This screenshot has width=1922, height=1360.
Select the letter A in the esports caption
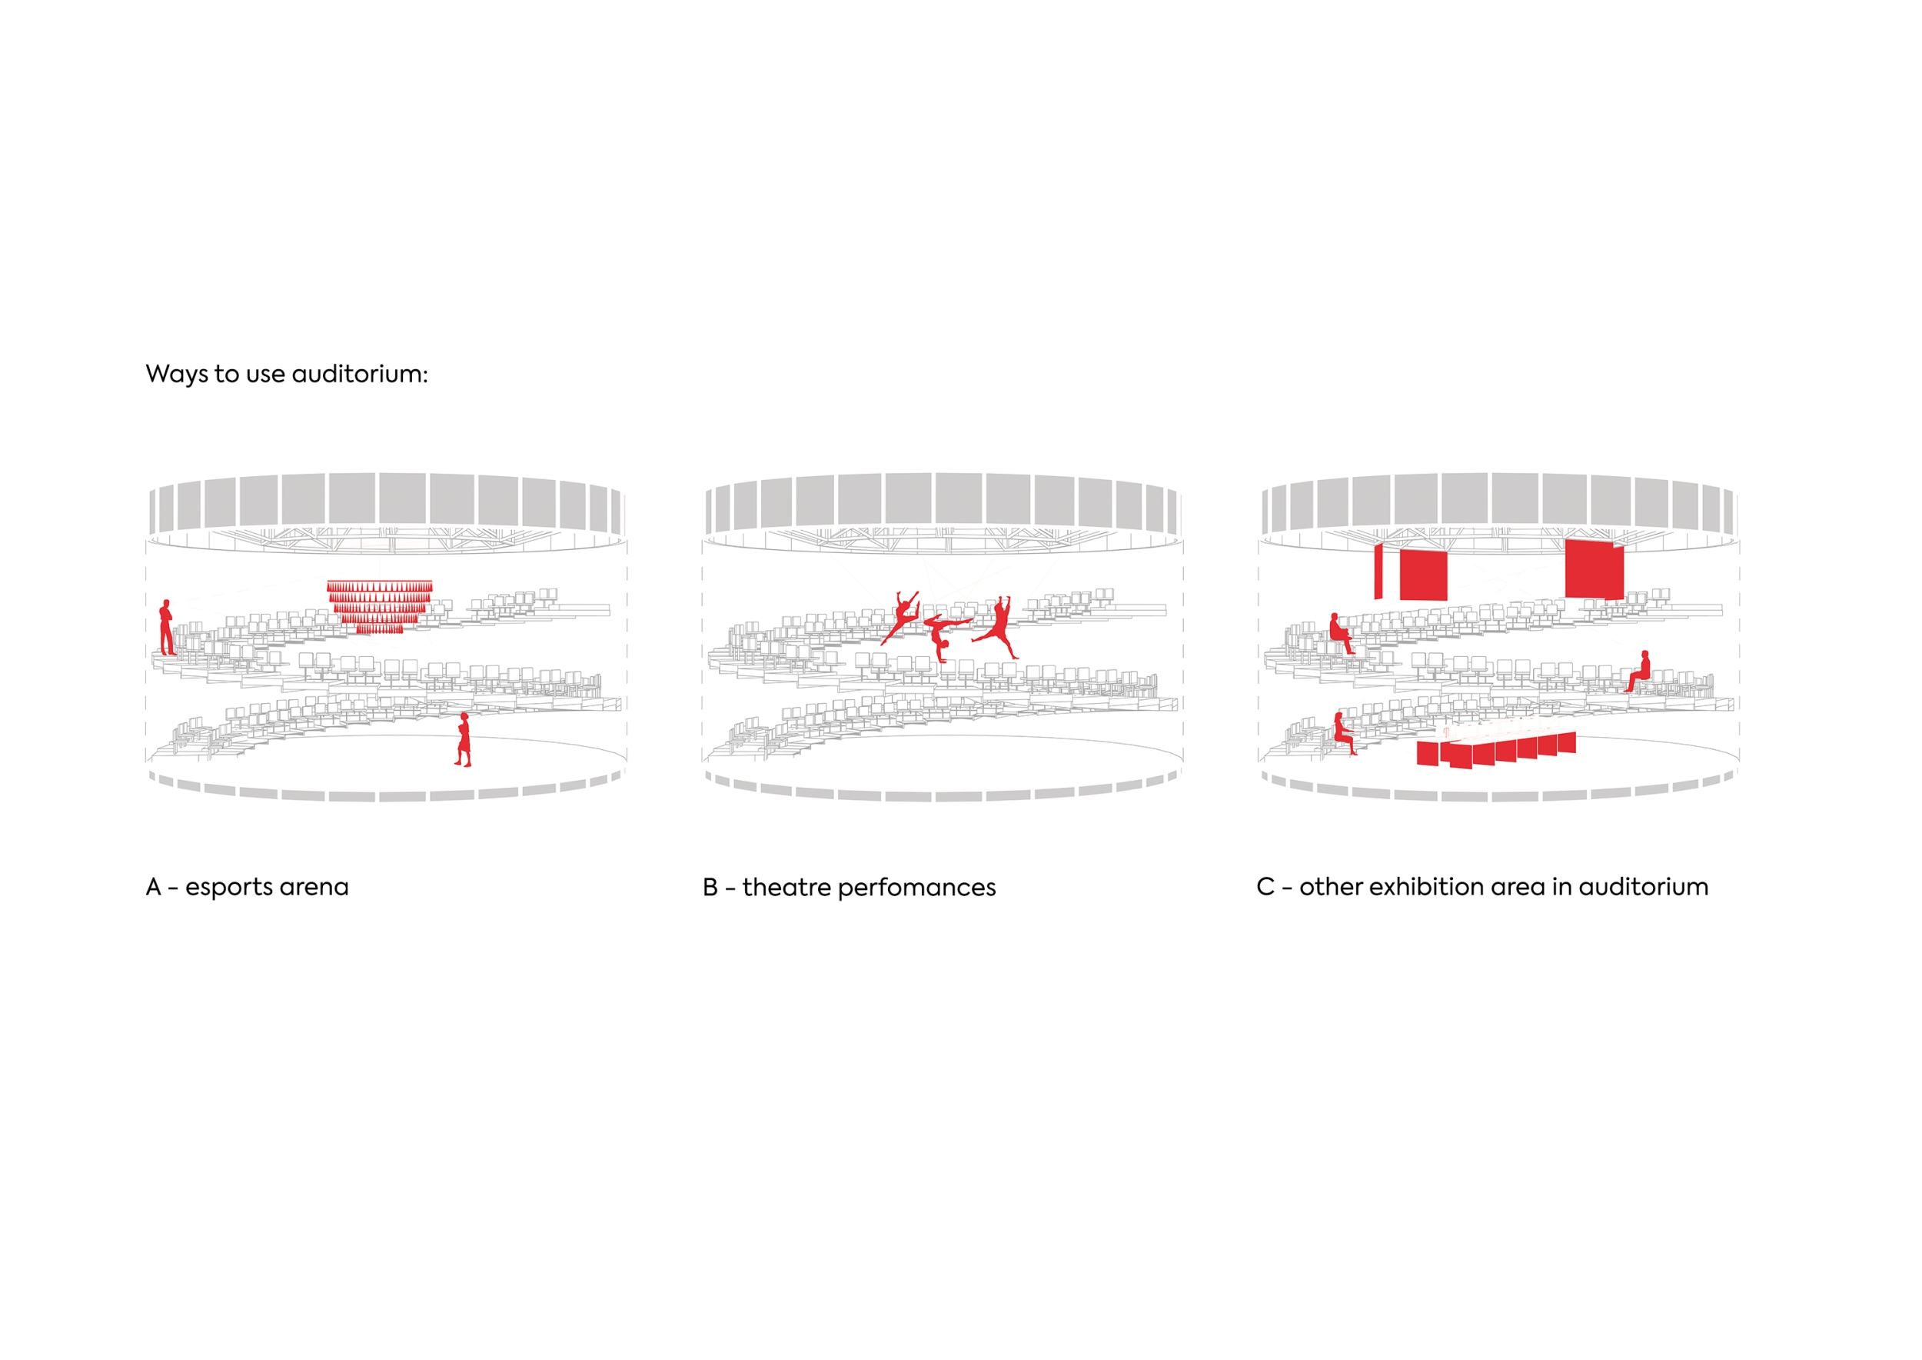pyautogui.click(x=153, y=887)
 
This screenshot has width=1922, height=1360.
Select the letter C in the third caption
pyautogui.click(x=1265, y=887)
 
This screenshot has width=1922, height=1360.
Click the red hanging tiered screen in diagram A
pyautogui.click(x=379, y=606)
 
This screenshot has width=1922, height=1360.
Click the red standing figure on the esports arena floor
pyautogui.click(x=463, y=739)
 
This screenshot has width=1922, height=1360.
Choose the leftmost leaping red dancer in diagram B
pyautogui.click(x=901, y=616)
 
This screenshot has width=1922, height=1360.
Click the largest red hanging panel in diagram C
pyautogui.click(x=1594, y=569)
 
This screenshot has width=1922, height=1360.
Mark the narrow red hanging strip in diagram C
pyautogui.click(x=1378, y=572)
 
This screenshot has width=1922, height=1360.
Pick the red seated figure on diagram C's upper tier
pyautogui.click(x=1341, y=633)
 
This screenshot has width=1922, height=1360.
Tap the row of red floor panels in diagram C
pyautogui.click(x=1496, y=750)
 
